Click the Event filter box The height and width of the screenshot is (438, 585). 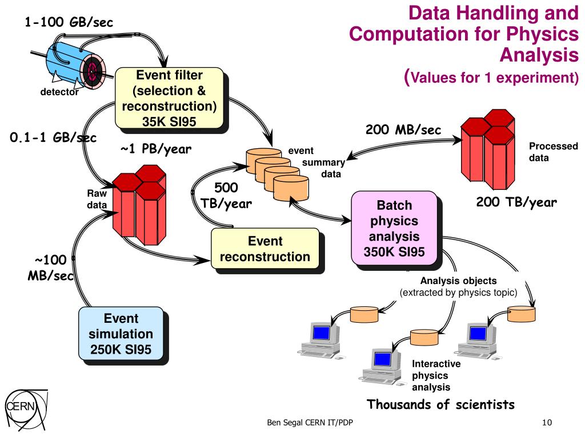click(169, 98)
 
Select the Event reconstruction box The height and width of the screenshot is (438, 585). click(265, 249)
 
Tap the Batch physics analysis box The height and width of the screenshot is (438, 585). click(394, 228)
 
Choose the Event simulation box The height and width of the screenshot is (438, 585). click(121, 334)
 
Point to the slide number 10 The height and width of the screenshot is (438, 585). click(547, 423)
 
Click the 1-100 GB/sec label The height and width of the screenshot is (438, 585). click(69, 22)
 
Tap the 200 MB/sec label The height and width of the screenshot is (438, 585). click(403, 129)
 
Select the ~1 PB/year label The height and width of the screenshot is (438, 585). click(155, 149)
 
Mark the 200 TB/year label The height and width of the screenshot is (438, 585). click(516, 202)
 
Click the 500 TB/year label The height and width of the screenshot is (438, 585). click(226, 196)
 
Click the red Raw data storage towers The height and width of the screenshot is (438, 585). click(139, 205)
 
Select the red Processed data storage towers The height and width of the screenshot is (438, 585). click(488, 149)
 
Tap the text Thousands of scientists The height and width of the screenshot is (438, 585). click(440, 404)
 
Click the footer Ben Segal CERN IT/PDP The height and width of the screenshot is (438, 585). click(310, 423)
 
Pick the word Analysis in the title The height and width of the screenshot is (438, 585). click(539, 55)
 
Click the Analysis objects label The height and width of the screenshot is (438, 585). click(459, 281)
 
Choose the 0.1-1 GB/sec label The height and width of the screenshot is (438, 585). click(53, 137)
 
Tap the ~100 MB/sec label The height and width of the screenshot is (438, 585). click(50, 268)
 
